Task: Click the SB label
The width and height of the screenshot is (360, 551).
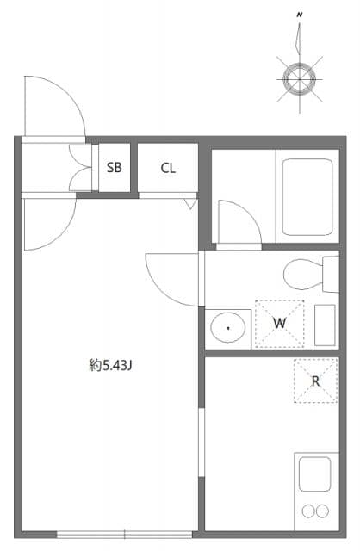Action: (115, 168)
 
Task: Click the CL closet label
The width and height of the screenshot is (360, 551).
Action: (167, 168)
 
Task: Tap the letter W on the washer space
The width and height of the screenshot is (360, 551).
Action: (279, 323)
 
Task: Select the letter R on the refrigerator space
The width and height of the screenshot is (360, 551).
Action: (315, 381)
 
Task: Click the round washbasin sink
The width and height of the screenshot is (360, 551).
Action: (228, 327)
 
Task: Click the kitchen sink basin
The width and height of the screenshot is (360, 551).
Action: (314, 474)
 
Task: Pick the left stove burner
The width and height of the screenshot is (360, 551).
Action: (307, 511)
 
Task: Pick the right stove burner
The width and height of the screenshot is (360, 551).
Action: (323, 511)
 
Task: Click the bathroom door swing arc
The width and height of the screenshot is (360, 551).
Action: (236, 221)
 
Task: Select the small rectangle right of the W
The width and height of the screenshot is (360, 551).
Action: (326, 325)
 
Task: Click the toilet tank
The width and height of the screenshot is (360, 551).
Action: (332, 274)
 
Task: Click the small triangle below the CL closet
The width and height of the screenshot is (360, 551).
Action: (190, 203)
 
